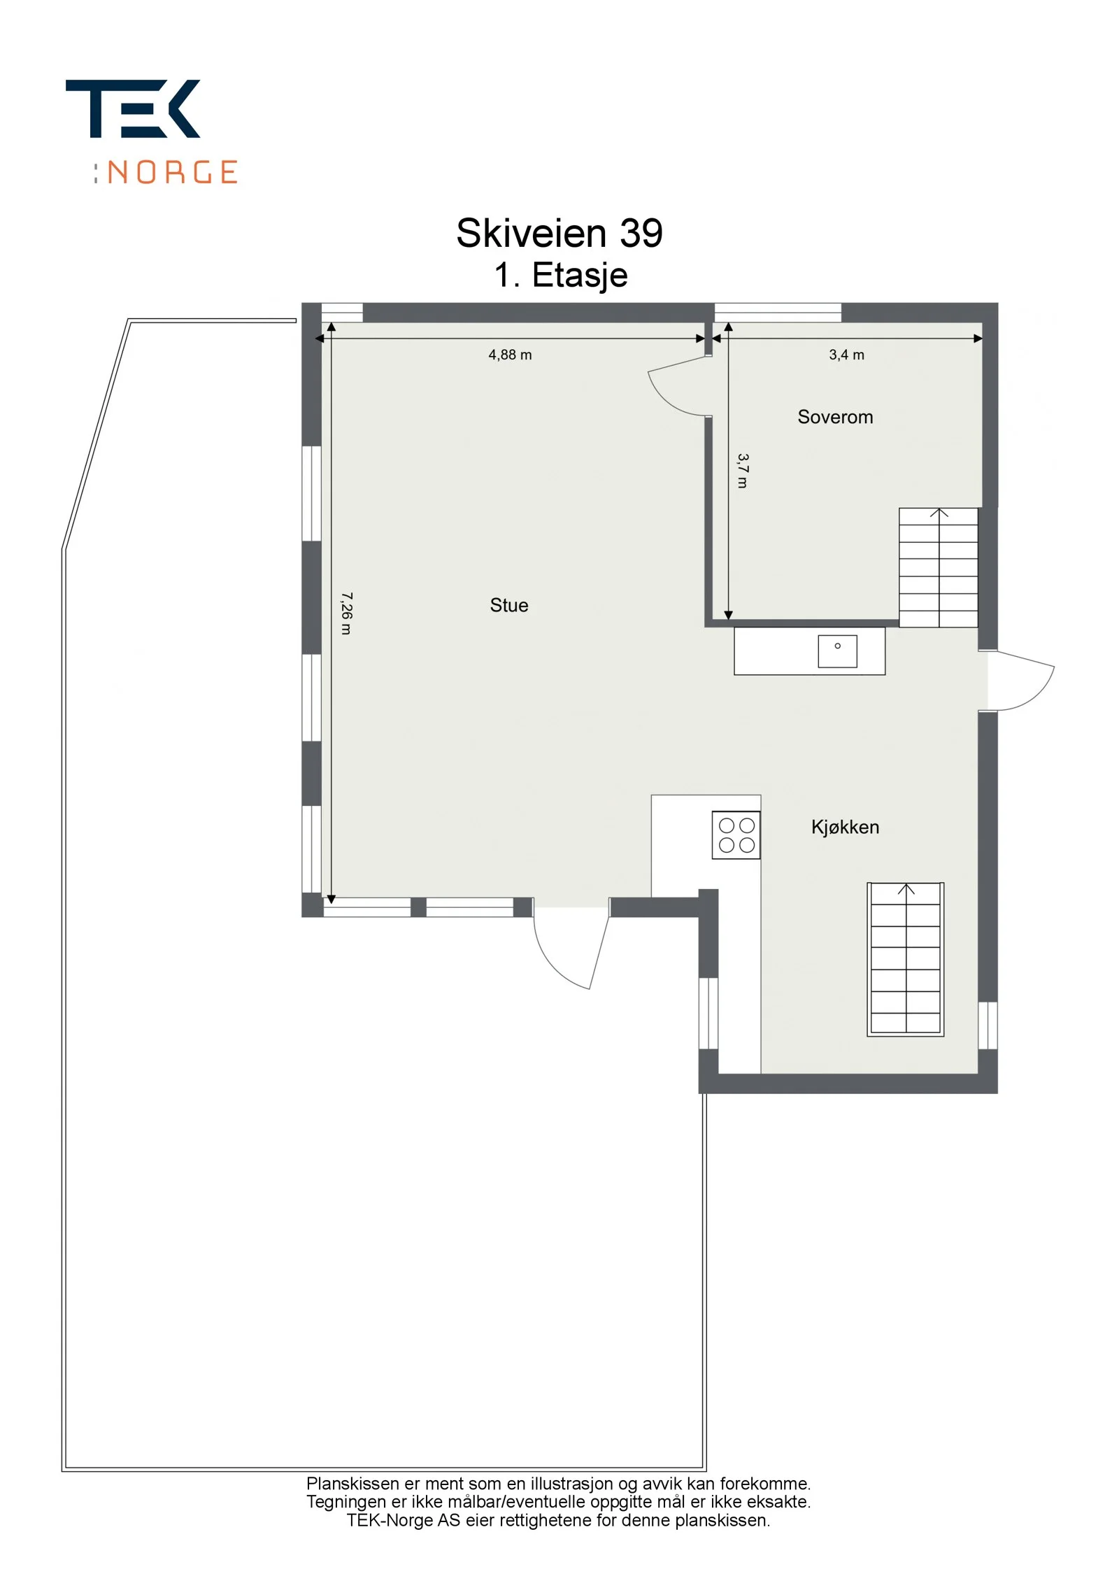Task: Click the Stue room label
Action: tap(508, 605)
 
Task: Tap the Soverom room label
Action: tap(835, 417)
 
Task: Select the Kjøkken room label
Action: tap(845, 827)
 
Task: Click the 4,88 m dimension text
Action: tap(510, 355)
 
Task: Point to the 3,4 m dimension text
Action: tap(846, 355)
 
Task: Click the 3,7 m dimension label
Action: tap(743, 471)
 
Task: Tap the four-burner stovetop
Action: tap(736, 835)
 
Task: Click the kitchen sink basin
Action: tap(837, 651)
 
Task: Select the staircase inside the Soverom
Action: tap(938, 567)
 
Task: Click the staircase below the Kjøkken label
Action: tap(906, 959)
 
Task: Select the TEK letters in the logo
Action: tap(133, 108)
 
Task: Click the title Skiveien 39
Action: tap(559, 233)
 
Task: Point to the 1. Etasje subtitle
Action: tap(560, 275)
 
